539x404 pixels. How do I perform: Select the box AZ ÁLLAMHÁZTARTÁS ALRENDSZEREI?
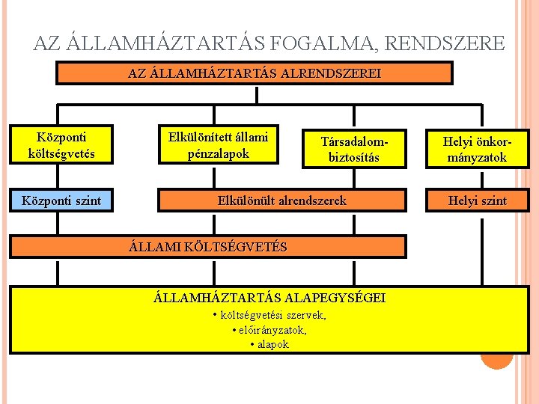[x=255, y=73]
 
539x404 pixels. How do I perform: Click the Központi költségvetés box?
[x=61, y=145]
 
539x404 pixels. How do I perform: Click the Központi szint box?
[x=61, y=201]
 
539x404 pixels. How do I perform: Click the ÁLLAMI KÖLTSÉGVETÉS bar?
[x=208, y=247]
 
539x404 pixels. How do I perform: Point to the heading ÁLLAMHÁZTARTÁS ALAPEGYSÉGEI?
[x=269, y=298]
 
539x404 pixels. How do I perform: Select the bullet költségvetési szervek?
[x=269, y=315]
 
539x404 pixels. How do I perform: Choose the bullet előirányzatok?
[x=269, y=329]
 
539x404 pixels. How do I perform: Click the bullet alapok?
[x=269, y=344]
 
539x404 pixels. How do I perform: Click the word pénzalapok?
[x=219, y=153]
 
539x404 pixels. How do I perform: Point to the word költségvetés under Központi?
[x=61, y=153]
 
